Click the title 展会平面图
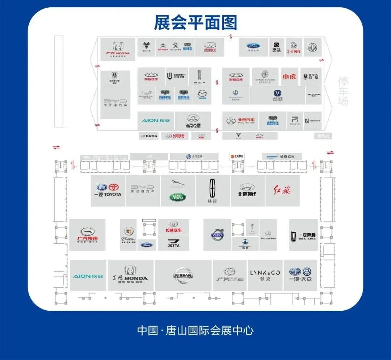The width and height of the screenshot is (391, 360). pyautogui.click(x=195, y=22)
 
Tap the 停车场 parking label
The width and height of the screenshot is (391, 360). pyautogui.click(x=342, y=91)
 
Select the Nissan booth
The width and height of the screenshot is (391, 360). pyautogui.click(x=183, y=275)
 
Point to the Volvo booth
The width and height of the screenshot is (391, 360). pyautogui.click(x=217, y=235)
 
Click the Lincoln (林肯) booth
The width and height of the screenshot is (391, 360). pyautogui.click(x=213, y=191)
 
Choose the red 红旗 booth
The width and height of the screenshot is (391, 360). pyautogui.click(x=282, y=191)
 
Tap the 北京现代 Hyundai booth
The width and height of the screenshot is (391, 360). pyautogui.click(x=247, y=191)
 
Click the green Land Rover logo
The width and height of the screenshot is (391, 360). pyautogui.click(x=178, y=197)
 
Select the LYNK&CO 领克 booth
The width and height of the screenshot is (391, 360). pyautogui.click(x=265, y=275)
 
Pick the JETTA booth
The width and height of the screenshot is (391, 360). pyautogui.click(x=174, y=243)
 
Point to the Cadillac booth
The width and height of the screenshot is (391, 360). pyautogui.click(x=128, y=235)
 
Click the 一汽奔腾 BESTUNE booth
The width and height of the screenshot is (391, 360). pyautogui.click(x=303, y=235)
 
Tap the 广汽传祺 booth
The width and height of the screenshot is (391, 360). pyautogui.click(x=87, y=235)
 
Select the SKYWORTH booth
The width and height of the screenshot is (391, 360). pyautogui.click(x=177, y=76)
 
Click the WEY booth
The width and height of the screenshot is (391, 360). pyautogui.click(x=199, y=77)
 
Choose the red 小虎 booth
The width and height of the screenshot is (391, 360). pyautogui.click(x=289, y=76)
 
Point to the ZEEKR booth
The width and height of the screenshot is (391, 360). pyautogui.click(x=312, y=121)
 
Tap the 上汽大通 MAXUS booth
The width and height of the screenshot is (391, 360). pyautogui.click(x=193, y=121)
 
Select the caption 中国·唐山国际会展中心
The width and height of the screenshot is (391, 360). pyautogui.click(x=195, y=330)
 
